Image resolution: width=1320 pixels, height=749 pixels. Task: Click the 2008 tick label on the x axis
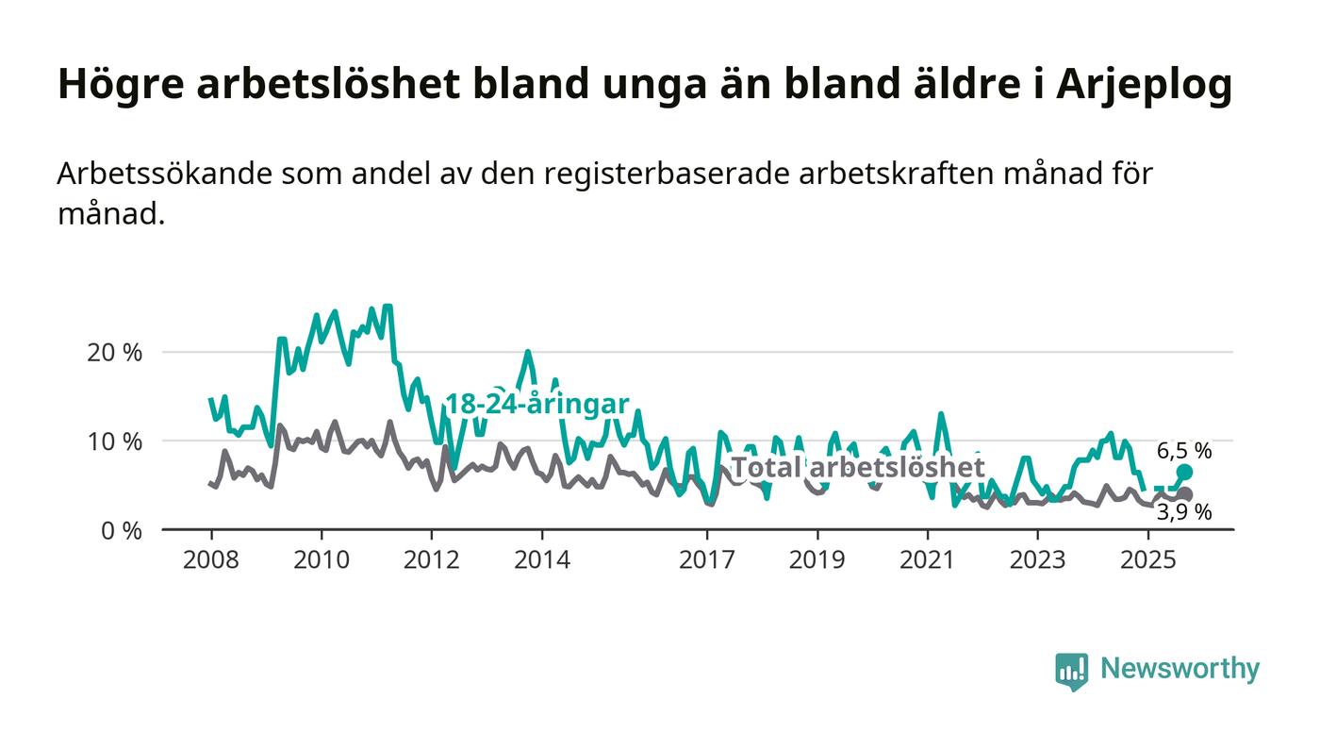[211, 560]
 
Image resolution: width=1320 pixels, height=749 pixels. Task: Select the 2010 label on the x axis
[322, 560]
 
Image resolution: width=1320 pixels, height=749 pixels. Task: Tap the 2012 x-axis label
[432, 560]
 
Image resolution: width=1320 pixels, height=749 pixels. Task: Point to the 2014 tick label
[542, 560]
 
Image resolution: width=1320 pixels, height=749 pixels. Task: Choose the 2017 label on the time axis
[707, 560]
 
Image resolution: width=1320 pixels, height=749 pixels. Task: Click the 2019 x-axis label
[817, 560]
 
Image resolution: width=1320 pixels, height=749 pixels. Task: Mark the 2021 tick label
[928, 560]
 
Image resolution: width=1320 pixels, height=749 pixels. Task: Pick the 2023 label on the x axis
[1038, 560]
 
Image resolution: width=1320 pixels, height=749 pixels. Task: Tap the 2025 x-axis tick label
[1147, 560]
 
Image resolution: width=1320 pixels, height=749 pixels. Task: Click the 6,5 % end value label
[1185, 451]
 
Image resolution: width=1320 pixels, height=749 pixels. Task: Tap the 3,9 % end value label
[1185, 513]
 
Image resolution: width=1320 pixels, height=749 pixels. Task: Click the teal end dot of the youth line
[1185, 472]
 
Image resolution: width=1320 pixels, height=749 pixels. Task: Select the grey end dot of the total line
[1185, 494]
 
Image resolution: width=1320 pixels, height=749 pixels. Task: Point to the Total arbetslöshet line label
[858, 468]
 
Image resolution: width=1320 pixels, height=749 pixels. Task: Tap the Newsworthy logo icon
[1071, 671]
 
